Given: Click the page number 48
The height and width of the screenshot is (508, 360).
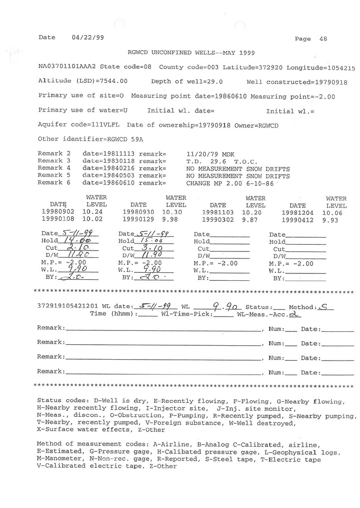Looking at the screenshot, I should pos(323,39).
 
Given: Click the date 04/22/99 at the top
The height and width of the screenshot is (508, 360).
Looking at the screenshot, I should pos(88,37).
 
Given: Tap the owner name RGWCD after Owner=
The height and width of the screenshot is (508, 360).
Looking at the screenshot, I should pos(268,125).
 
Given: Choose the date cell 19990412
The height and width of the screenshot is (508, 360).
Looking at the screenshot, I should pos(297,220).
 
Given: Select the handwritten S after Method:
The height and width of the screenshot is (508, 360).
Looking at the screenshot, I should pos(324,307).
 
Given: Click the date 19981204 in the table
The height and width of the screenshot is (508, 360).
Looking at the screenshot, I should pos(297,212).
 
